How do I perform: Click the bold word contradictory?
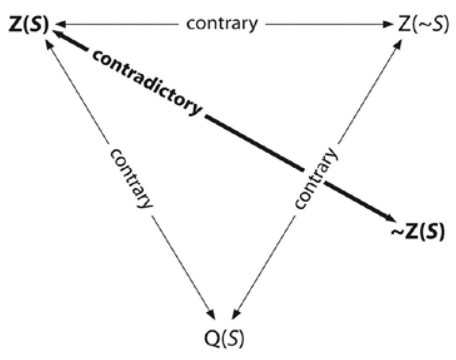pyautogui.click(x=146, y=82)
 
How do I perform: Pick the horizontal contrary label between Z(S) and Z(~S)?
pyautogui.click(x=222, y=24)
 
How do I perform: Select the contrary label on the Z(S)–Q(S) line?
pyautogui.click(x=131, y=178)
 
